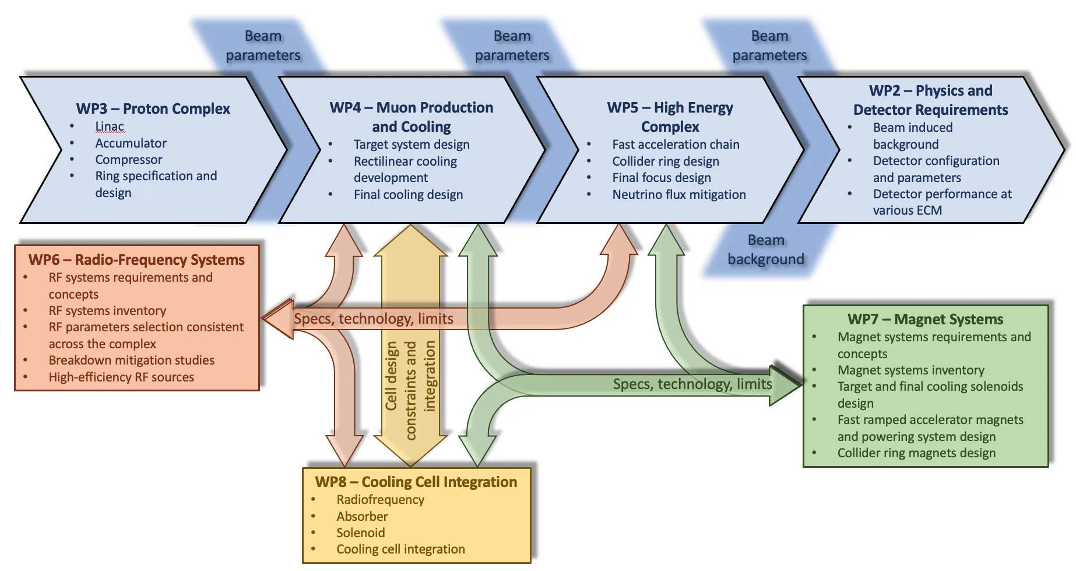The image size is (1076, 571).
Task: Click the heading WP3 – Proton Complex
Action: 153,108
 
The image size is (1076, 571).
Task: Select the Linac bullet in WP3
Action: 110,127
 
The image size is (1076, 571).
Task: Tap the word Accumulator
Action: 131,143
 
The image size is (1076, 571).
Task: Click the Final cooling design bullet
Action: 408,194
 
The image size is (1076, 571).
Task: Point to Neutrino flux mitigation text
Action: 678,194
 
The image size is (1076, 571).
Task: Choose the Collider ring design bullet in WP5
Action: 665,161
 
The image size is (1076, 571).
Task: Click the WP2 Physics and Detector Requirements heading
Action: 930,100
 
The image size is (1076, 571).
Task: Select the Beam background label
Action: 765,250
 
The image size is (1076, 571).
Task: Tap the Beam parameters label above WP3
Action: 263,45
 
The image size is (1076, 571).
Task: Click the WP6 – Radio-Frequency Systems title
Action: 136,260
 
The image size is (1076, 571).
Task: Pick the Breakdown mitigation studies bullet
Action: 131,360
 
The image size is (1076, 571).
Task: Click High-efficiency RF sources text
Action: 121,377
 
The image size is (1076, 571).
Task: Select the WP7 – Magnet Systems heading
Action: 925,319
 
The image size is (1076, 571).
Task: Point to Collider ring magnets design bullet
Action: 916,453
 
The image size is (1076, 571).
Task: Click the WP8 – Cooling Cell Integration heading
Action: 416,482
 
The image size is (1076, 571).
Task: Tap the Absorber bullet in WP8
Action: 361,516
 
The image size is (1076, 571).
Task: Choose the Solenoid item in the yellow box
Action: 360,533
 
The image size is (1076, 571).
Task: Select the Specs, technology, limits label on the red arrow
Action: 373,318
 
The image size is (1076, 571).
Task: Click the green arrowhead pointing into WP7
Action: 786,384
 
